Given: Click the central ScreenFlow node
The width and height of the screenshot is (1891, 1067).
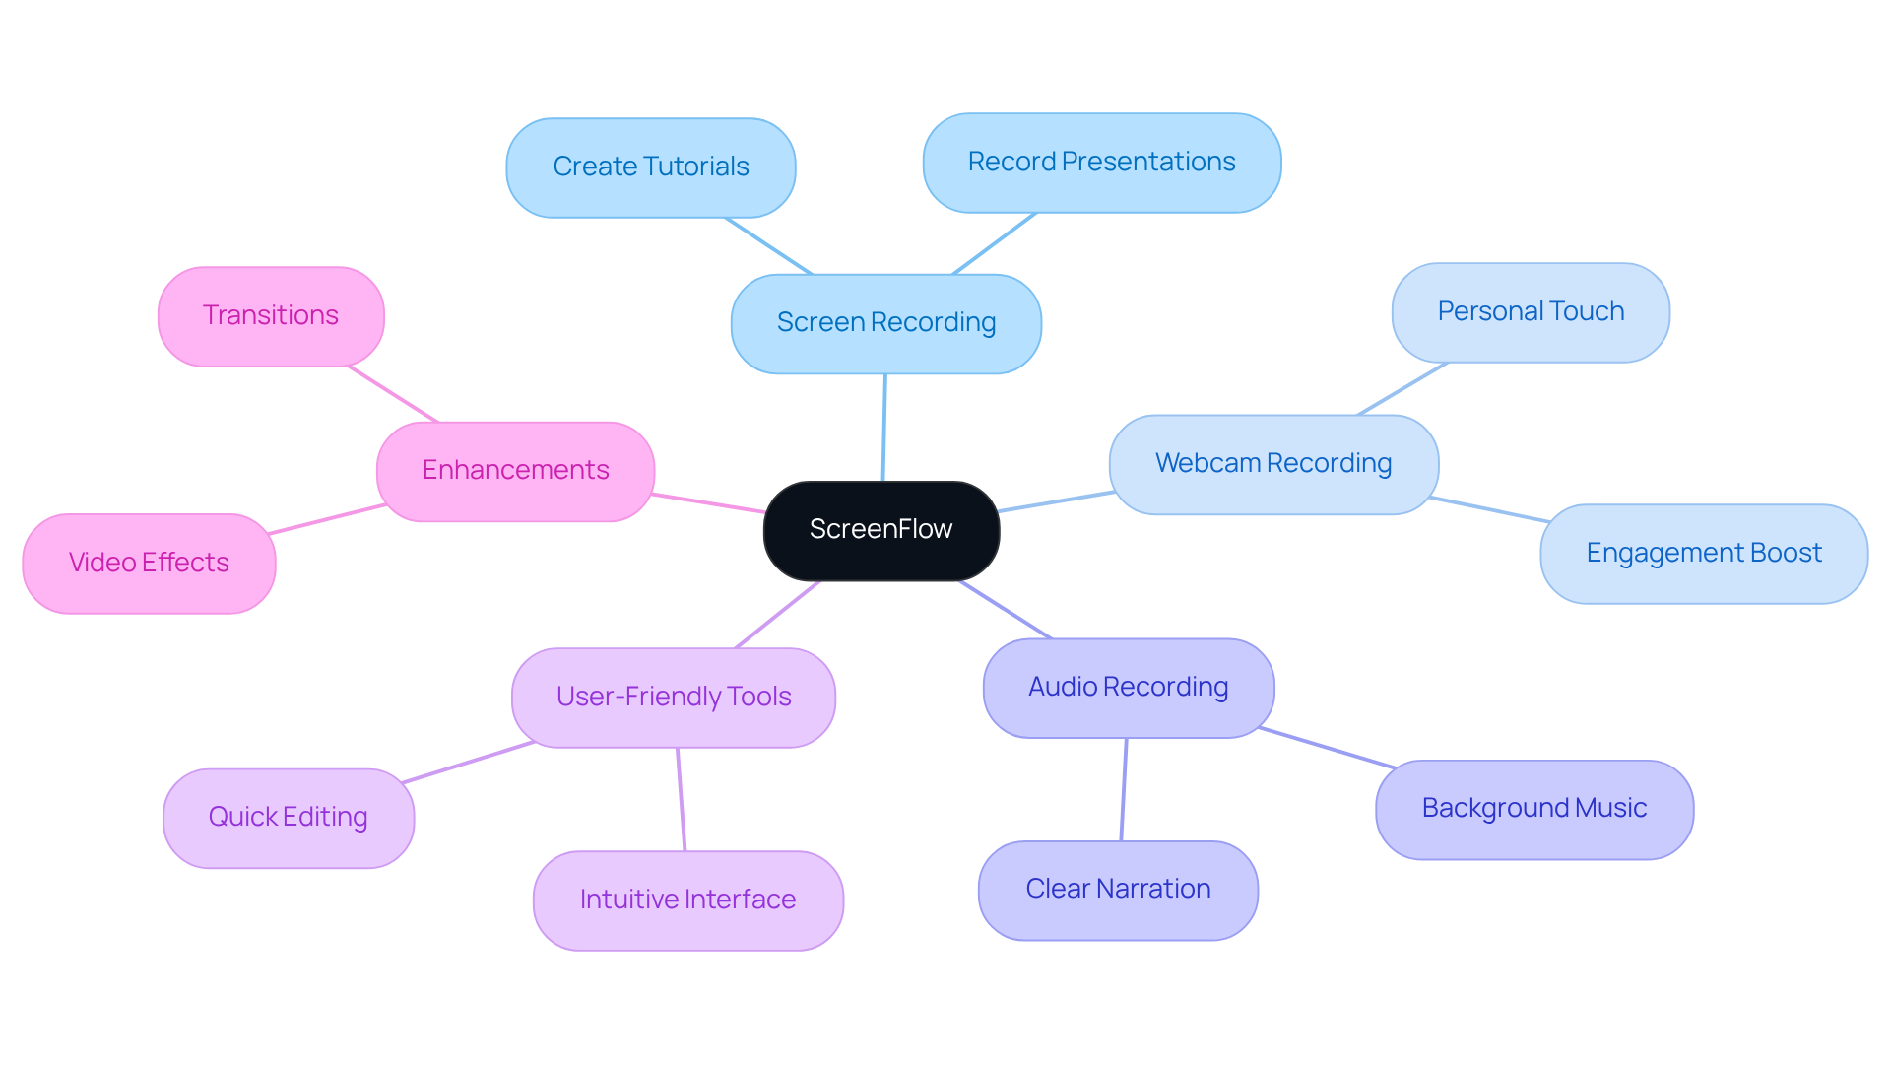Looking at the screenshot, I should tap(881, 530).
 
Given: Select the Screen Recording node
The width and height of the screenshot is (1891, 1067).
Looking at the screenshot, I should tap(885, 323).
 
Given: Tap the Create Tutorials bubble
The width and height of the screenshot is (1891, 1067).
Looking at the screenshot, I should tap(650, 167).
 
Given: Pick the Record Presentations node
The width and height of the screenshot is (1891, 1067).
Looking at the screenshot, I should tap(1101, 163).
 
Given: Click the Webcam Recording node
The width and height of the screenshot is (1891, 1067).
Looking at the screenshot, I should tap(1272, 464).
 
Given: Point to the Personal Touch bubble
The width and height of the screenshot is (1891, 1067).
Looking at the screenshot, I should tap(1530, 312).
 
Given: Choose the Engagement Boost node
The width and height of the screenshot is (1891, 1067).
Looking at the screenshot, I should tap(1703, 554).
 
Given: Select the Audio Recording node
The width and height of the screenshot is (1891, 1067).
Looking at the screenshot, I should tap(1128, 688).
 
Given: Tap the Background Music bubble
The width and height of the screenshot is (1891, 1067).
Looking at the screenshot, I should tap(1533, 809).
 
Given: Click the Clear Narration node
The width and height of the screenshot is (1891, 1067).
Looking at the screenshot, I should tap(1118, 890).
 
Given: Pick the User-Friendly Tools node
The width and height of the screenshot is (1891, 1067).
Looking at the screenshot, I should tap(674, 698).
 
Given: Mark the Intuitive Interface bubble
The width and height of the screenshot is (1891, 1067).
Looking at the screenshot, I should tap(687, 900).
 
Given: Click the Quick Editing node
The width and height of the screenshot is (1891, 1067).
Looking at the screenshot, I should tap(288, 818).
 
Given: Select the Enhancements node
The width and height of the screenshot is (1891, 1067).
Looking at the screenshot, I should tap(515, 471).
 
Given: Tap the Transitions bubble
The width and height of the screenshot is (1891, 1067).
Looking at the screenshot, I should tap(271, 316).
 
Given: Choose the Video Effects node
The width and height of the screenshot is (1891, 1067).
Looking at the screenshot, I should tap(149, 564).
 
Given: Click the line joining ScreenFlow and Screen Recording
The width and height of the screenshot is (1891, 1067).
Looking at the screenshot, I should tap(884, 428).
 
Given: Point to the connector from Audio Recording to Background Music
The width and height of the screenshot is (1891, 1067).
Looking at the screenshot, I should tap(1327, 748).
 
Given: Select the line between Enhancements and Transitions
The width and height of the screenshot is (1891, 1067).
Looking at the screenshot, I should tap(392, 394).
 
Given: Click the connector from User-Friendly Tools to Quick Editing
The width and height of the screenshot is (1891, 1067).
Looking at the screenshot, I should tap(468, 763).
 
